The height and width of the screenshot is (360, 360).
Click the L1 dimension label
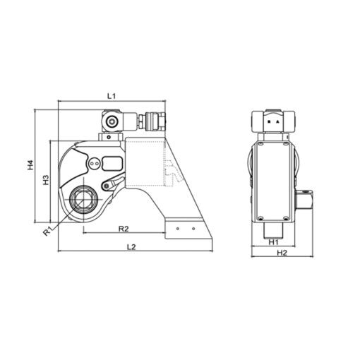tap(110, 94)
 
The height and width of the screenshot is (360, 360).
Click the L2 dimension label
tap(131, 246)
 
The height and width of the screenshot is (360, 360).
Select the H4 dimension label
tap(30, 167)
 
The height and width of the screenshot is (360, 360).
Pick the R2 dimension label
tap(122, 229)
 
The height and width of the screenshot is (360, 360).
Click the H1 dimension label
tap(273, 241)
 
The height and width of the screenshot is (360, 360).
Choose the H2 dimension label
tap(282, 252)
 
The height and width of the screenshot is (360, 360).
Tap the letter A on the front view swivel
tap(277, 122)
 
